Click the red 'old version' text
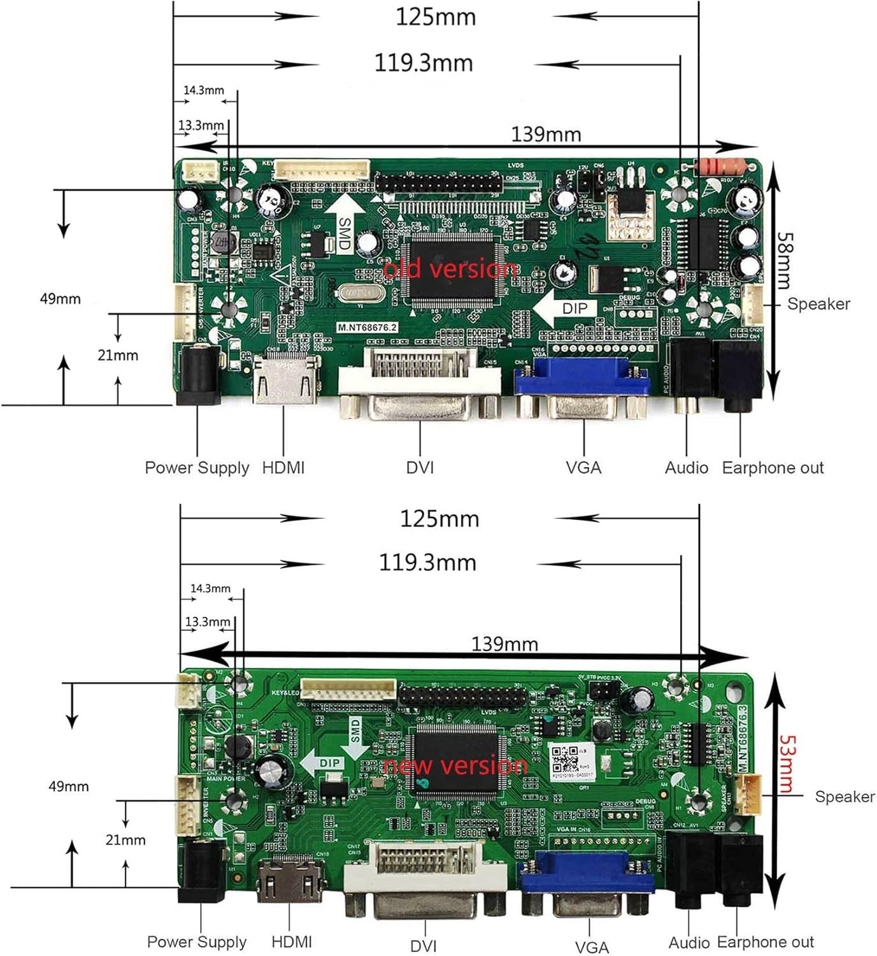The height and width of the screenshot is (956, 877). click(450, 270)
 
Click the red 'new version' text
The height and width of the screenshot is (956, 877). click(456, 765)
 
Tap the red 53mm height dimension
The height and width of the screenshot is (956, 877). click(788, 764)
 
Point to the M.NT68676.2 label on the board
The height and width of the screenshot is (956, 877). click(367, 327)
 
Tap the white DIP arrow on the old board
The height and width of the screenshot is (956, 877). click(567, 308)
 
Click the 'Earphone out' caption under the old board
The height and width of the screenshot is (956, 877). click(772, 468)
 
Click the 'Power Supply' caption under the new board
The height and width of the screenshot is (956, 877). click(197, 941)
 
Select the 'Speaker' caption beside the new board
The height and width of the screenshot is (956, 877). click(845, 797)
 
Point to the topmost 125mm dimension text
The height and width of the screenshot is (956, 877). click(436, 17)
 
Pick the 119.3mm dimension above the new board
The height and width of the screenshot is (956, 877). click(427, 563)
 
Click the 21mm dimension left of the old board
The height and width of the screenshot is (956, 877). click(118, 355)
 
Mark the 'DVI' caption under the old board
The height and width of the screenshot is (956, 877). click(420, 468)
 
